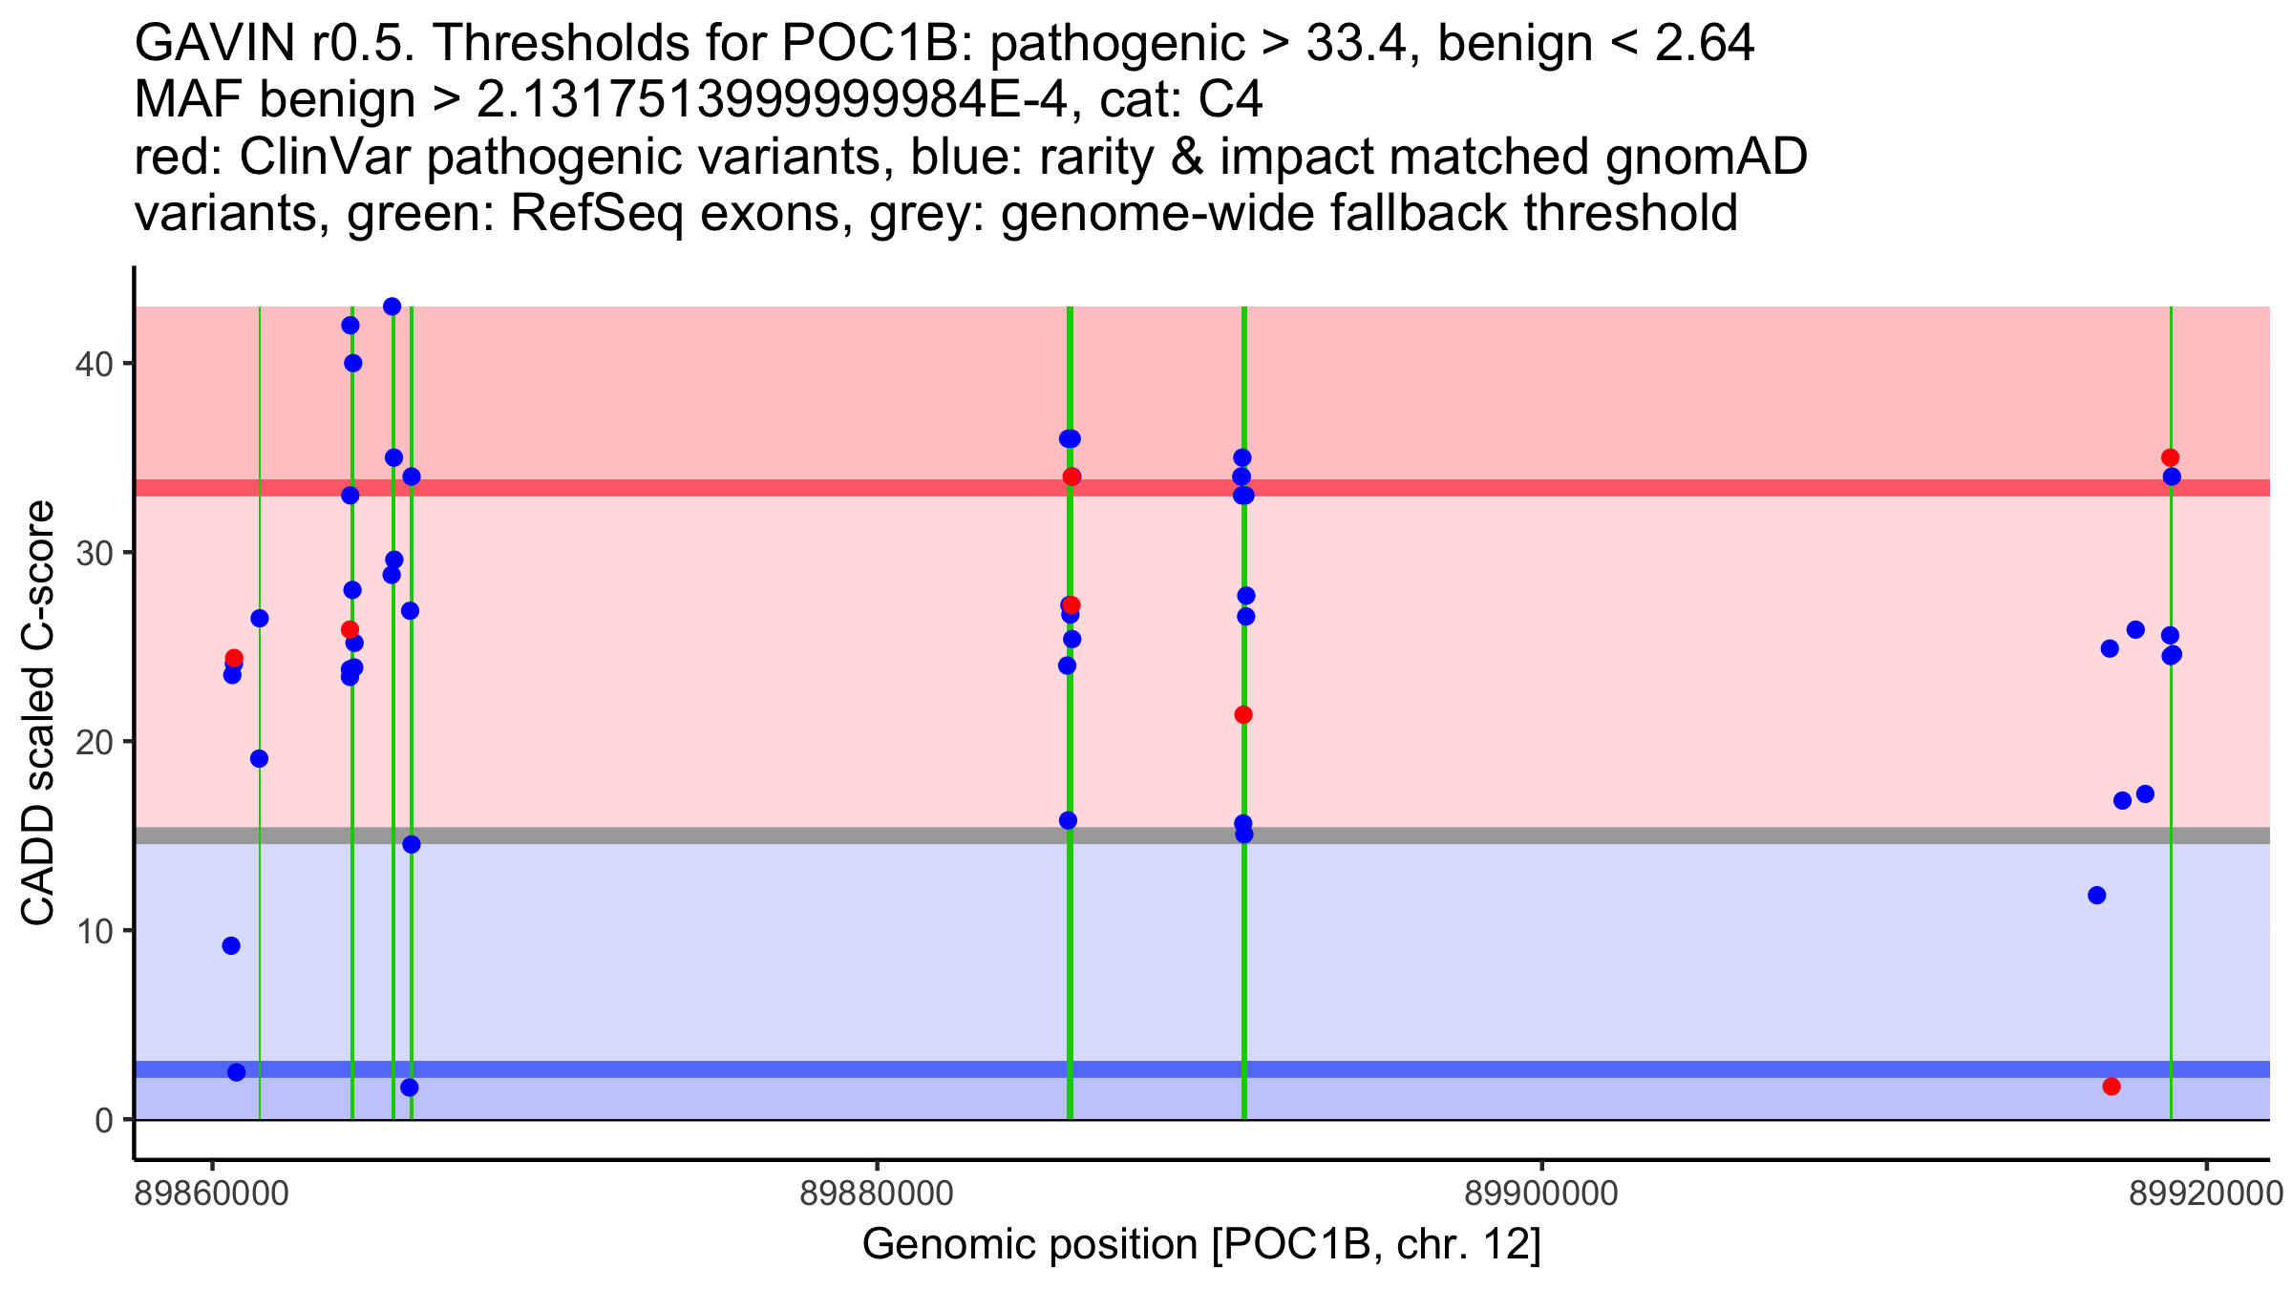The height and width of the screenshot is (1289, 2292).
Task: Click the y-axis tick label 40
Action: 93,365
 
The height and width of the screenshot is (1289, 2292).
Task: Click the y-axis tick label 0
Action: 103,1120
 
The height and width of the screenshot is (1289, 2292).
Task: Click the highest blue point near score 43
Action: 392,306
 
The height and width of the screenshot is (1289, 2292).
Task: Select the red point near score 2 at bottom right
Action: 2112,1087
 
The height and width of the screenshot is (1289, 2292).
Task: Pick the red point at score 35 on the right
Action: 2171,458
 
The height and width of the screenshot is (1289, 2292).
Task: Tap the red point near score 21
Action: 1243,715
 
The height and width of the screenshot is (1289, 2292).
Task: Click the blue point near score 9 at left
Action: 231,946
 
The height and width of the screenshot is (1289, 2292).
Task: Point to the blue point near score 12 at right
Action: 2097,896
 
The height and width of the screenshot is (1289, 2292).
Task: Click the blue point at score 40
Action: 353,364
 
